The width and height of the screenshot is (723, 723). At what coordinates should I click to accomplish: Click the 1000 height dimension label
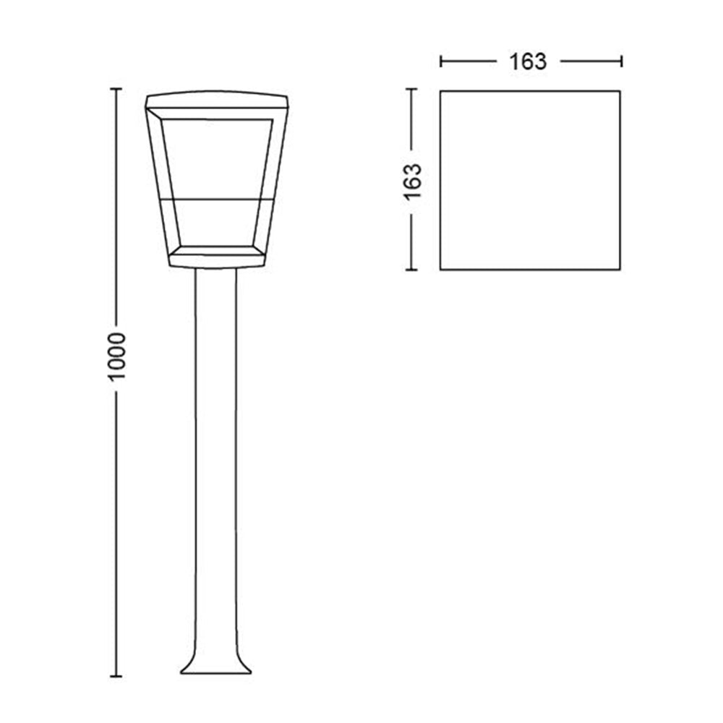(x=116, y=356)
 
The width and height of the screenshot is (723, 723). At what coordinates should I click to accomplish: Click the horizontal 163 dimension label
(x=528, y=61)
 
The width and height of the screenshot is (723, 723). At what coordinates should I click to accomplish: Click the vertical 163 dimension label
(x=413, y=181)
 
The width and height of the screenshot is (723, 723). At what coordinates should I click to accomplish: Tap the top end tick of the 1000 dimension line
(x=116, y=88)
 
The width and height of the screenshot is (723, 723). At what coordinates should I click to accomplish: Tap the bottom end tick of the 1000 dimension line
(x=116, y=677)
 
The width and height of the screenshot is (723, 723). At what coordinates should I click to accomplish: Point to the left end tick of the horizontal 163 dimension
(x=441, y=61)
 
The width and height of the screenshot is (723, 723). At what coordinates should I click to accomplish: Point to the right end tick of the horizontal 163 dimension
(x=622, y=61)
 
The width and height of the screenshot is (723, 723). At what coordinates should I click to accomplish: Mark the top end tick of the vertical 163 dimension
(x=411, y=88)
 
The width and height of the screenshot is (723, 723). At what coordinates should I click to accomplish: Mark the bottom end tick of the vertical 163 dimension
(x=411, y=270)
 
